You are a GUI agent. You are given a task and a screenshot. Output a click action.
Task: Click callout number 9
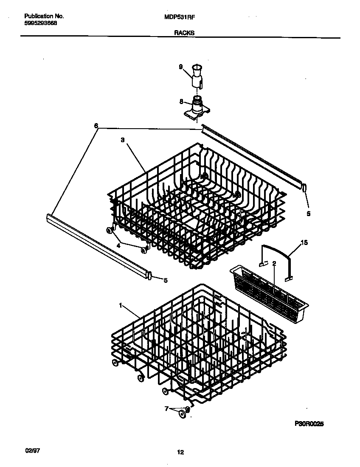(x=180, y=67)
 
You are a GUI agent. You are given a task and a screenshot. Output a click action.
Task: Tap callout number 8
(x=181, y=101)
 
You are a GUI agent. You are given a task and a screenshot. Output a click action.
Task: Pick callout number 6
(x=96, y=126)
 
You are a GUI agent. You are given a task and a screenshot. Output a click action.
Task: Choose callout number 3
(x=122, y=140)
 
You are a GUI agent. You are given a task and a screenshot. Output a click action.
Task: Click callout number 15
(x=304, y=243)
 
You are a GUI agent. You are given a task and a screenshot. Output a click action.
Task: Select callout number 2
(x=274, y=264)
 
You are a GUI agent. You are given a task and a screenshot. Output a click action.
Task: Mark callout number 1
(x=121, y=305)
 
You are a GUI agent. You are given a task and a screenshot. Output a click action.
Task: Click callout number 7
(x=166, y=409)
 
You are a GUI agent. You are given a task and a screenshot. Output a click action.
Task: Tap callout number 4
(x=118, y=245)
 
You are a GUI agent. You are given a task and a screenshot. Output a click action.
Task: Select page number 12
(x=180, y=453)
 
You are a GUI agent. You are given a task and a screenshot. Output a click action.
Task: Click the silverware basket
(x=269, y=289)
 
